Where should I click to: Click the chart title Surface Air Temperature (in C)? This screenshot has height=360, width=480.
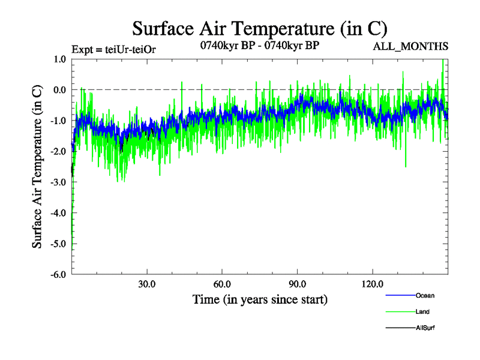(x=260, y=28)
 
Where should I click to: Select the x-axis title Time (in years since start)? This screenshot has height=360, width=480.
(x=260, y=299)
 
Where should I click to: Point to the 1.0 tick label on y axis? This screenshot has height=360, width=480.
(x=59, y=59)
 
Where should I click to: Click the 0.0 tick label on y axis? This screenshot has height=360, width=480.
(x=59, y=90)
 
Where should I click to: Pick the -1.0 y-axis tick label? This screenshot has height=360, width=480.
(x=58, y=121)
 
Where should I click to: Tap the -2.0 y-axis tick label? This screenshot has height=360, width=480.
(x=58, y=151)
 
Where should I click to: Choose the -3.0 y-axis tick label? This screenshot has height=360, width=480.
(x=58, y=182)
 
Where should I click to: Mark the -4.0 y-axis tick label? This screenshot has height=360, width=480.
(x=58, y=212)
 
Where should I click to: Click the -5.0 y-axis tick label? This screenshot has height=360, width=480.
(x=58, y=244)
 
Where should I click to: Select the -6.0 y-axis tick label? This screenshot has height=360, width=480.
(x=58, y=274)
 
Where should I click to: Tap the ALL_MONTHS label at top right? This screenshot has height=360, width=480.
(x=410, y=46)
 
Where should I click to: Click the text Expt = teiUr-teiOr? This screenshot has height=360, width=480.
(x=113, y=49)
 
